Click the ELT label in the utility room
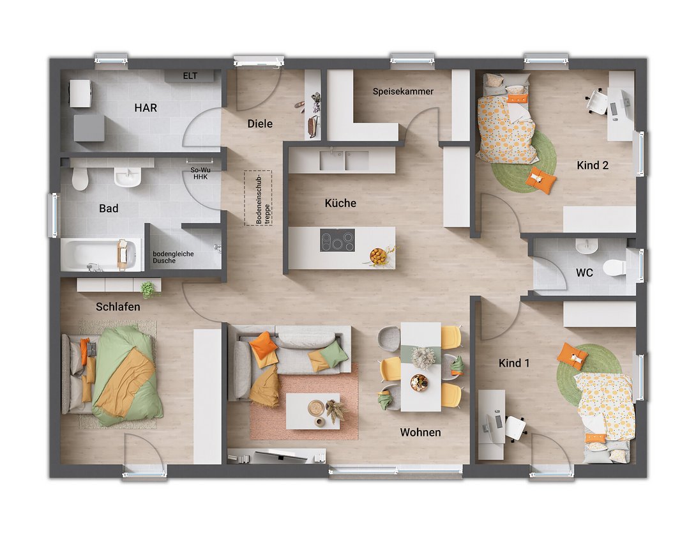pyautogui.click(x=190, y=76)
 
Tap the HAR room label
pyautogui.click(x=146, y=108)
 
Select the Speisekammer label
pyautogui.click(x=403, y=91)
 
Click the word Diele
pyautogui.click(x=260, y=123)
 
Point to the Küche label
pyautogui.click(x=340, y=203)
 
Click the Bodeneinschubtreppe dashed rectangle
pyautogui.click(x=258, y=198)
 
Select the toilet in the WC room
pyautogui.click(x=616, y=267)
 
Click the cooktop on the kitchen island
pyautogui.click(x=337, y=240)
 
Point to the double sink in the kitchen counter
pyautogui.click(x=344, y=160)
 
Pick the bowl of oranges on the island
pyautogui.click(x=378, y=256)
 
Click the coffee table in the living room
pyautogui.click(x=313, y=411)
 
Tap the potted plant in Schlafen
pyautogui.click(x=149, y=289)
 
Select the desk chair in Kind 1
pyautogui.click(x=516, y=427)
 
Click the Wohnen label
pyautogui.click(x=420, y=432)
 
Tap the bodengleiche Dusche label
pyautogui.click(x=173, y=257)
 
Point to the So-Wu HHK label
pyautogui.click(x=200, y=173)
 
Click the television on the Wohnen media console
pyautogui.click(x=280, y=455)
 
